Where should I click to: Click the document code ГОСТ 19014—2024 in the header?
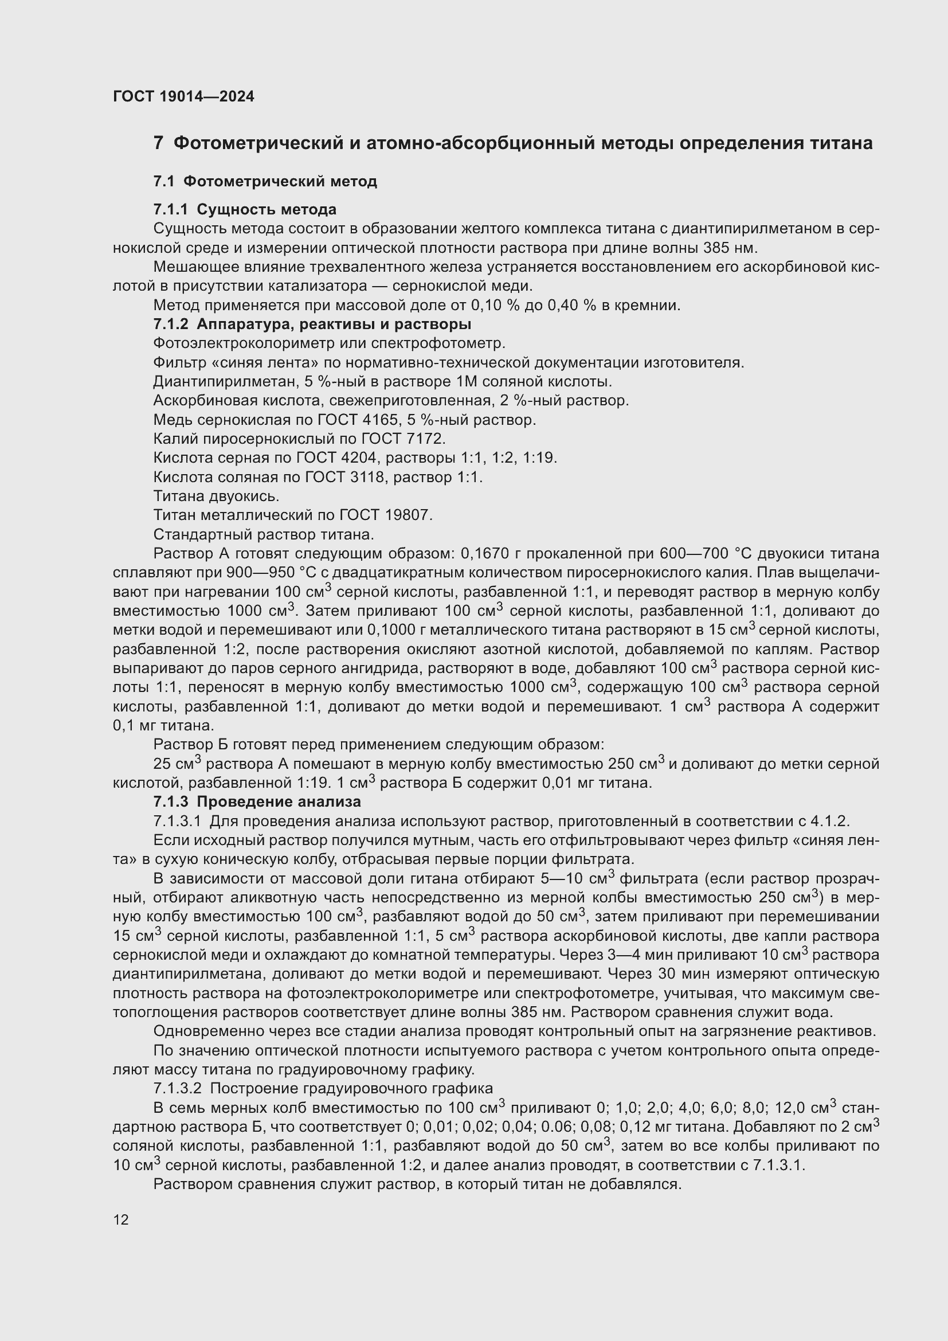(183, 96)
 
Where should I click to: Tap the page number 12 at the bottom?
(121, 1219)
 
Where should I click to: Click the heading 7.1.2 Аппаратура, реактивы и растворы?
(312, 323)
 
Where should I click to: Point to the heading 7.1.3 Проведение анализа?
(257, 802)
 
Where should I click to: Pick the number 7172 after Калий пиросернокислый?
(425, 439)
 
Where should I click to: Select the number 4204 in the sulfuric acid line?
(359, 458)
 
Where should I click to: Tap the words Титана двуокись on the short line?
(216, 496)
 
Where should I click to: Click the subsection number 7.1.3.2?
(177, 1088)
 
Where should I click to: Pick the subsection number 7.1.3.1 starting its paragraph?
(177, 820)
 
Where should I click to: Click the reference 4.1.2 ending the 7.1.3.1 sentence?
(829, 820)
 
